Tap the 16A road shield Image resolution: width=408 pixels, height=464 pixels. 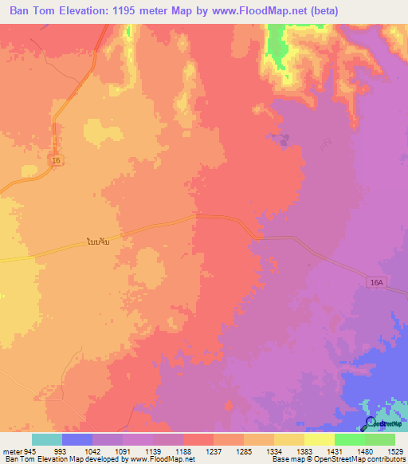coord(377,281)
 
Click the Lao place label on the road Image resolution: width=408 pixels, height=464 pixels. coord(104,240)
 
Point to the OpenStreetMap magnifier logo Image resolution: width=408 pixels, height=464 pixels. coord(370,425)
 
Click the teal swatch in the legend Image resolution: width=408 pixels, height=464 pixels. coord(47,439)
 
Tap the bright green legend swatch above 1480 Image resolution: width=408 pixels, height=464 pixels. coord(349,439)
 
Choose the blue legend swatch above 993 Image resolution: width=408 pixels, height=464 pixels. coord(77,439)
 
